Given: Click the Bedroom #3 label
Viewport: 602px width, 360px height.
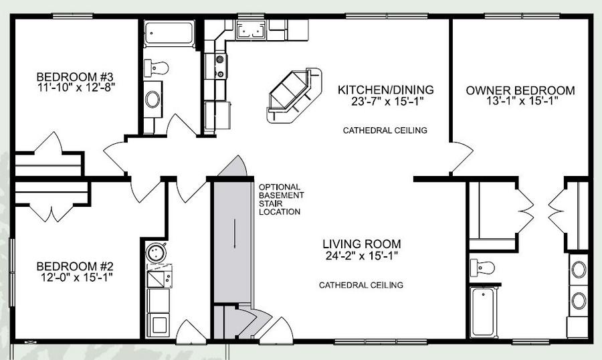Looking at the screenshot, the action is [x=75, y=76].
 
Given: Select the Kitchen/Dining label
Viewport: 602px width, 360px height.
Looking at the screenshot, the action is [x=385, y=90].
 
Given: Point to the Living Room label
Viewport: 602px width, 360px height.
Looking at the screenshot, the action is [x=361, y=244].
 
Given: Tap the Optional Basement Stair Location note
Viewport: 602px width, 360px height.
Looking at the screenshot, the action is [x=281, y=199].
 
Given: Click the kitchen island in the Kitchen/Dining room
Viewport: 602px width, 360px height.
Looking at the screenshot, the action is [x=294, y=96].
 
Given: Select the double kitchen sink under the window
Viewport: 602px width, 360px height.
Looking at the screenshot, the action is [x=251, y=29].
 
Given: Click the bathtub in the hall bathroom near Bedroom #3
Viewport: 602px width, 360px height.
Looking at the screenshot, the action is [x=169, y=34].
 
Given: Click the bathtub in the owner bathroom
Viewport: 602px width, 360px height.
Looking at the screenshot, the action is [x=484, y=312].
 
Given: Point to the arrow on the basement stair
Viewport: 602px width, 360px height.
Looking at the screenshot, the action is [x=235, y=234].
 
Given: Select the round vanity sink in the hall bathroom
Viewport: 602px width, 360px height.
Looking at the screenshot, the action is [x=153, y=99].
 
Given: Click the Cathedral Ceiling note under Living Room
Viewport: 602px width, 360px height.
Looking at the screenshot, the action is [x=361, y=285].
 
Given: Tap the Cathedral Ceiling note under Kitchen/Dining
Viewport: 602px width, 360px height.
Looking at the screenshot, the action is [x=385, y=130].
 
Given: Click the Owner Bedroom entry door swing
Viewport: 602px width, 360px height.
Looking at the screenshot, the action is [x=461, y=158].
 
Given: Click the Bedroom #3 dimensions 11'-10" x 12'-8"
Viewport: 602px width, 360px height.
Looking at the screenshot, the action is [x=76, y=87].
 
